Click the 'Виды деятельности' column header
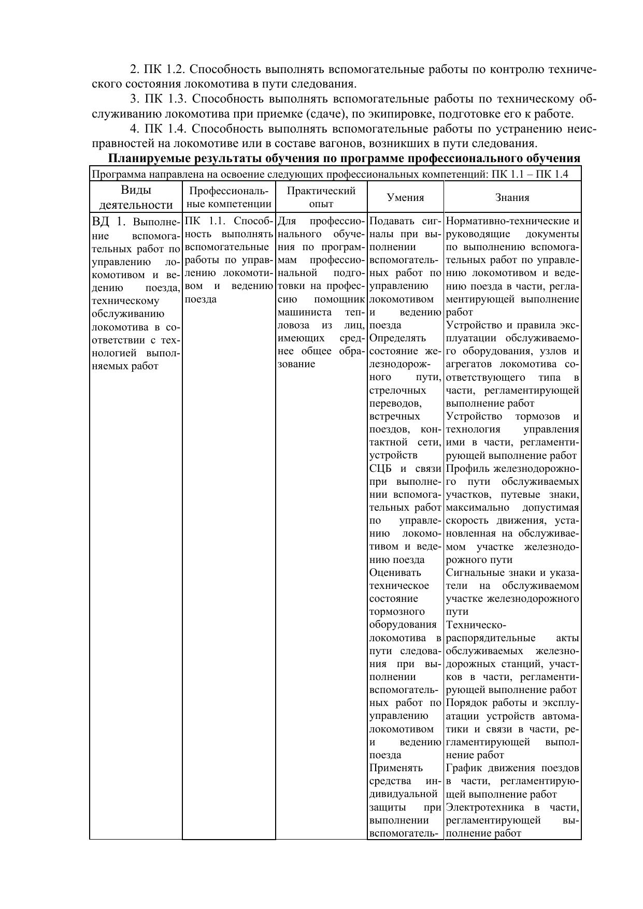pos(136,197)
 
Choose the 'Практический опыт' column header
pos(321,197)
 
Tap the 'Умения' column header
pos(405,197)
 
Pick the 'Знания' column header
pos(512,197)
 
